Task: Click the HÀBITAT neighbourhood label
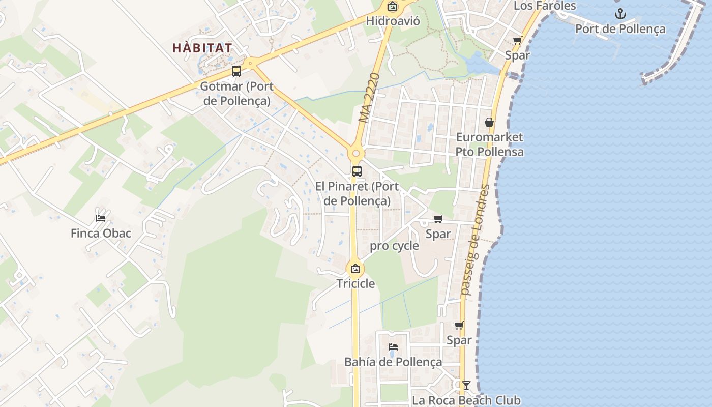pos(202,48)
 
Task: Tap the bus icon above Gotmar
pos(236,71)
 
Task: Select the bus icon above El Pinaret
pos(357,171)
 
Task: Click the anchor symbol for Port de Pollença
pos(620,14)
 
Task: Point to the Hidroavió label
pos(393,21)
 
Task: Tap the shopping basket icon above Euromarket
pos(489,122)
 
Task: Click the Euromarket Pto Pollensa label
pos(489,144)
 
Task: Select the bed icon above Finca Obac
pos(101,218)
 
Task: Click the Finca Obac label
pos(101,234)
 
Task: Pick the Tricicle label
pos(355,283)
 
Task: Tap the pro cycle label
pos(394,246)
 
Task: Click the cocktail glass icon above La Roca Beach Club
pos(466,386)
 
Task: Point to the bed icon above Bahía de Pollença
pos(393,347)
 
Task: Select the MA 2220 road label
pos(370,98)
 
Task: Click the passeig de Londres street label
pos(475,239)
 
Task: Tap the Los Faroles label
pos(545,6)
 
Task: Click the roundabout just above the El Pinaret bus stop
pos(355,153)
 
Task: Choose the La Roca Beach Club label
pos(466,400)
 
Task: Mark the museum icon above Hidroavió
pos(392,7)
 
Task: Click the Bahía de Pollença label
pos(393,362)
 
